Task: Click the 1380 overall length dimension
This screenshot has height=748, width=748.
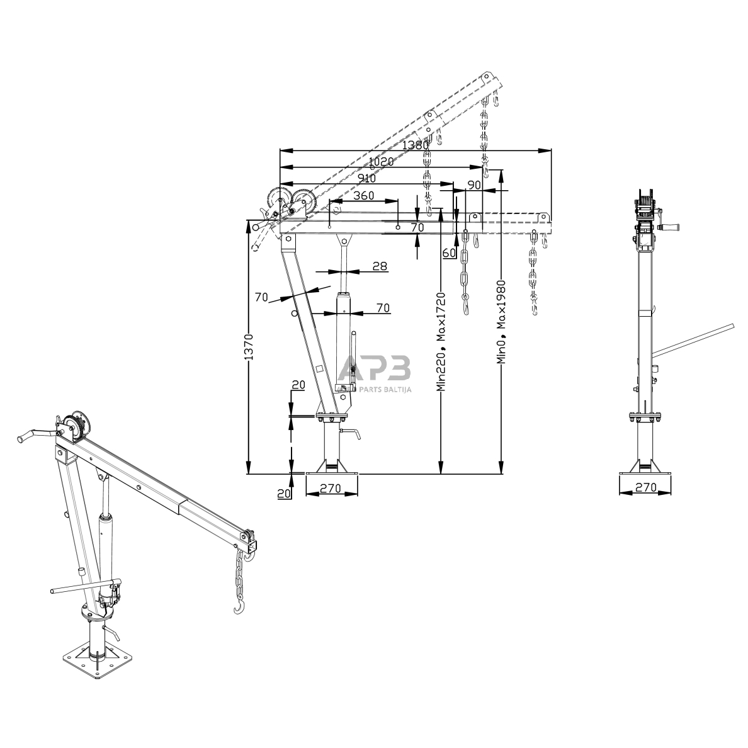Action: (416, 145)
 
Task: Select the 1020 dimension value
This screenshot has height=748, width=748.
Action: (380, 161)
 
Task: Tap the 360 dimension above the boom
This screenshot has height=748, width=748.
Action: (364, 195)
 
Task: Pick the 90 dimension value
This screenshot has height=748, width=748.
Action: (474, 184)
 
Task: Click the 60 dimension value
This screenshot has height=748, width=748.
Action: (449, 253)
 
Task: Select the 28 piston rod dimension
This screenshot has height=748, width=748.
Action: (380, 266)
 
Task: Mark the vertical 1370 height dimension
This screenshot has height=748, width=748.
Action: (249, 346)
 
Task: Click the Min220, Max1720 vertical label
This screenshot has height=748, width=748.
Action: (441, 340)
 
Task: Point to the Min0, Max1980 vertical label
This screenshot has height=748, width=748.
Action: (501, 321)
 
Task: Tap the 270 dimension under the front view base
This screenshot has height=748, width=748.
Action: (331, 488)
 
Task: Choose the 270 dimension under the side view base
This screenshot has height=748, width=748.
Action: (645, 487)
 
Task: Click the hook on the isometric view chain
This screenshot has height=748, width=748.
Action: (239, 606)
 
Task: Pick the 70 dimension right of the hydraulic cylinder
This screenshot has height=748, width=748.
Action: (383, 308)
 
